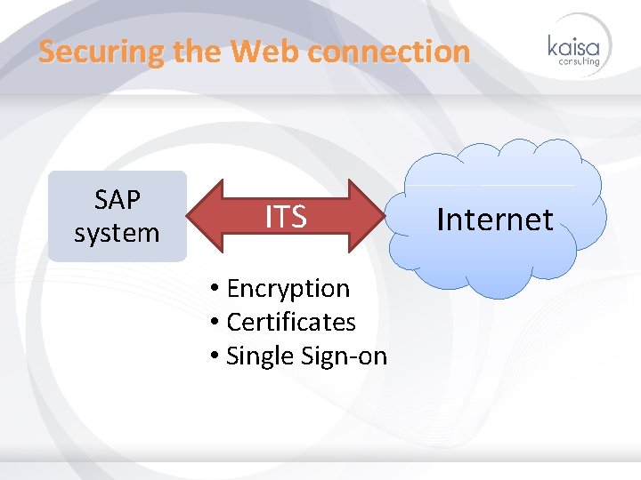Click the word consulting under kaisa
579,61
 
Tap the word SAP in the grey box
117,200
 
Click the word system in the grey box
117,233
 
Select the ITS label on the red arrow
285,216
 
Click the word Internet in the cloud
494,219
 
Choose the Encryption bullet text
288,288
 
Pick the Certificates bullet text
291,322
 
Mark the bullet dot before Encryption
215,289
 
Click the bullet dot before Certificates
215,323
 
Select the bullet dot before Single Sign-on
215,356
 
